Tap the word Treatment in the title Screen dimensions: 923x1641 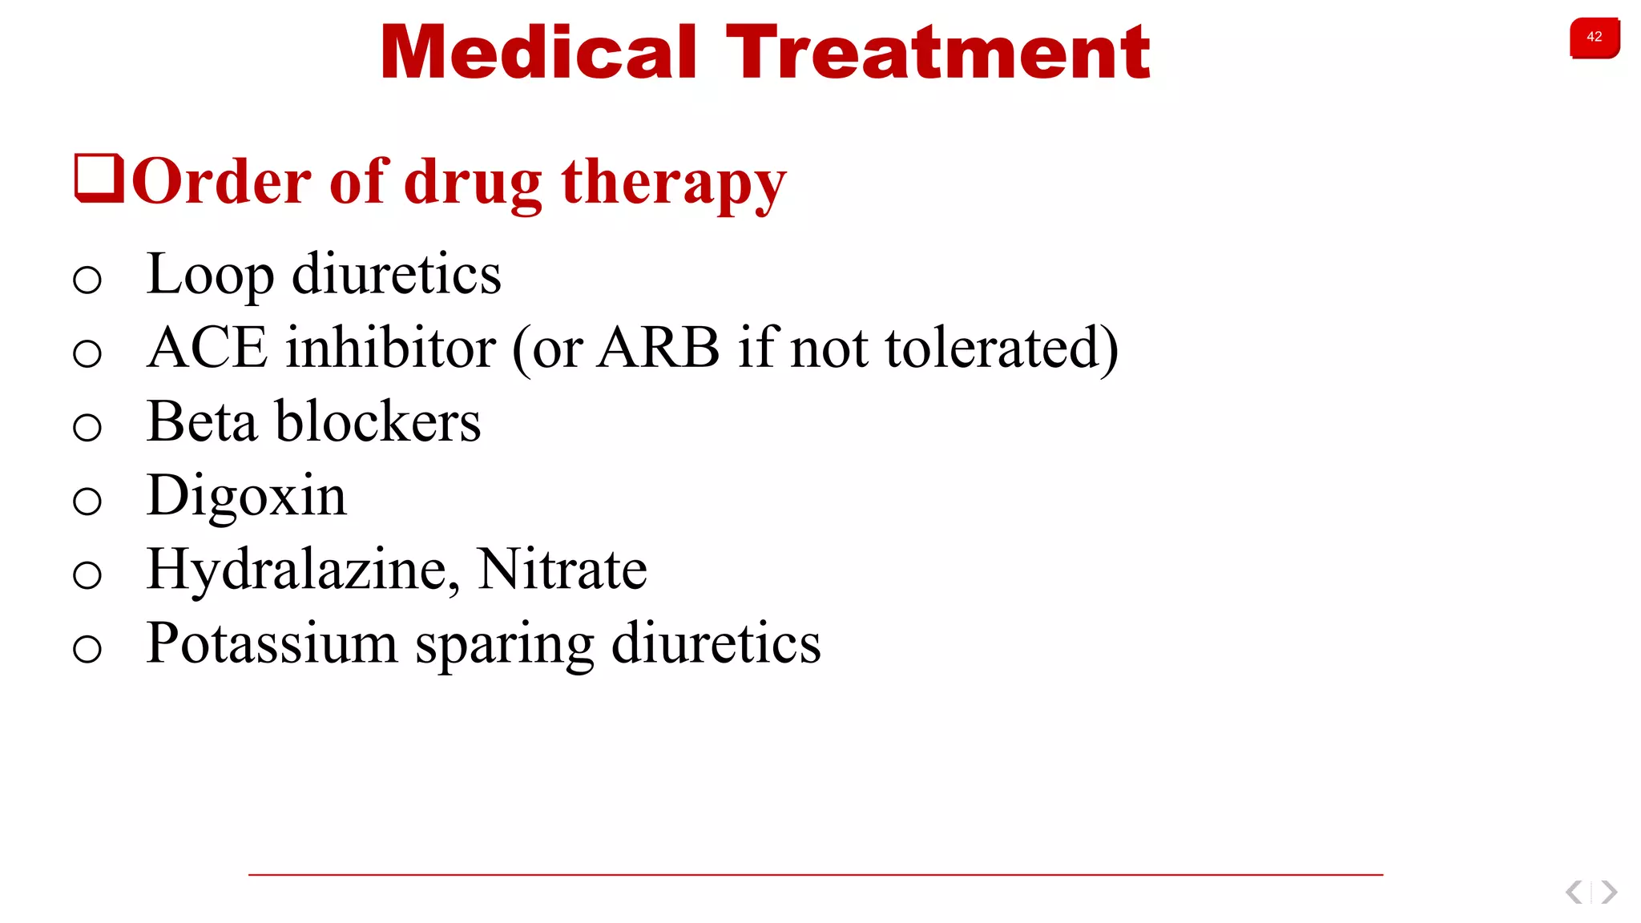(x=937, y=53)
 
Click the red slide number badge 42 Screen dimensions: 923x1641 (x=1594, y=38)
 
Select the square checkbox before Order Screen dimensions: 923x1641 (x=99, y=178)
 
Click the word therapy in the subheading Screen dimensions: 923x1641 (x=673, y=183)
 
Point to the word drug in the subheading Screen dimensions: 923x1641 (x=473, y=183)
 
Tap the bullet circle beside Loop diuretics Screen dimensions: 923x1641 (x=87, y=280)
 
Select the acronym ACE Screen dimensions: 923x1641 (x=207, y=348)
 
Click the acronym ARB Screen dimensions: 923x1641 (x=658, y=348)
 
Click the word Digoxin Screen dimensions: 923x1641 (x=247, y=496)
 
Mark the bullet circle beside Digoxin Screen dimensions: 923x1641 (x=87, y=502)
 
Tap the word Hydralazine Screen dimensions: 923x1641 (x=303, y=570)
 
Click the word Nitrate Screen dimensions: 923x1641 (x=562, y=570)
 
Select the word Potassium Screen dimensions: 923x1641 (x=272, y=643)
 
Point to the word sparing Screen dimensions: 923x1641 (x=504, y=645)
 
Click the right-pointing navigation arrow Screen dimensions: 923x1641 (x=1609, y=892)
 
